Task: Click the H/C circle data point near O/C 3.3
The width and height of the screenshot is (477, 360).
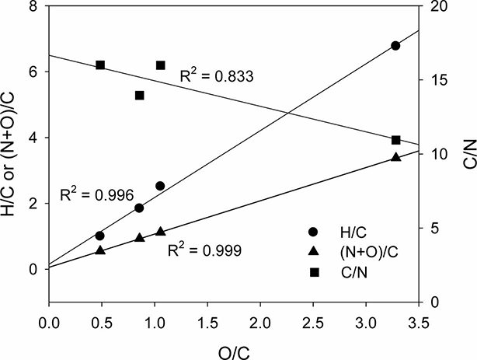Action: (x=395, y=46)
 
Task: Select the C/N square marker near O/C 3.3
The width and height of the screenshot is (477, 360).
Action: (x=395, y=140)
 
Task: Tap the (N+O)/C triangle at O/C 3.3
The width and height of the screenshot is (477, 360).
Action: (x=395, y=157)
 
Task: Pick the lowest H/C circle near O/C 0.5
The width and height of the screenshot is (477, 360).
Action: (x=99, y=236)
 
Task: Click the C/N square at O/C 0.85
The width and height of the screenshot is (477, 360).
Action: (x=139, y=96)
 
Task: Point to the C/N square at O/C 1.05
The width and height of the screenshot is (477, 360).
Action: (x=161, y=65)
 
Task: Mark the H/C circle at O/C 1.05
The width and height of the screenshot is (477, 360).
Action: (x=160, y=186)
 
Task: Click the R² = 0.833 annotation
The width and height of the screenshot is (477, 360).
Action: (x=217, y=75)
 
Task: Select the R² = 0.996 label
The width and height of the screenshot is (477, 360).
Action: (x=97, y=195)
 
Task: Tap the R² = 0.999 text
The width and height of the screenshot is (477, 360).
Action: (x=205, y=250)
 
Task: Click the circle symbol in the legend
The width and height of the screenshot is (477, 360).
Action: (x=314, y=232)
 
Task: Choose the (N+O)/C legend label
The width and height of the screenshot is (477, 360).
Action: (x=369, y=252)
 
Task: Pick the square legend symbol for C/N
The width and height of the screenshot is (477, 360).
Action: (x=315, y=272)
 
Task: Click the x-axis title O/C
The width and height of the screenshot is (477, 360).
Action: (x=235, y=352)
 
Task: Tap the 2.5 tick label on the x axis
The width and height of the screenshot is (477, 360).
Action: (x=313, y=323)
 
